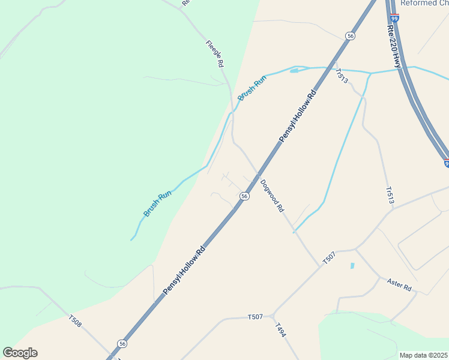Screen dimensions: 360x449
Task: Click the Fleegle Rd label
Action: click(x=215, y=53)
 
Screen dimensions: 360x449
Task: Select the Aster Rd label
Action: click(x=399, y=285)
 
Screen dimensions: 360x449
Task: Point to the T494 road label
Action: click(x=281, y=331)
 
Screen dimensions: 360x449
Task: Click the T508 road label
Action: click(x=76, y=322)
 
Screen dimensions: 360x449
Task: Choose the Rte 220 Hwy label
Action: click(x=394, y=46)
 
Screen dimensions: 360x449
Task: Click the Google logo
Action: click(x=20, y=353)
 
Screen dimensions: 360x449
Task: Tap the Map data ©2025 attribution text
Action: click(x=423, y=355)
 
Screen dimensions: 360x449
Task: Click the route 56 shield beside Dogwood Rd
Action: click(x=245, y=196)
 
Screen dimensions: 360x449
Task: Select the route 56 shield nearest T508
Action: click(x=122, y=344)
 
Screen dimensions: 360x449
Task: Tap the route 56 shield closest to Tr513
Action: click(x=350, y=37)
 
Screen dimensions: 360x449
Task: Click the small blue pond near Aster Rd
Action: click(x=352, y=265)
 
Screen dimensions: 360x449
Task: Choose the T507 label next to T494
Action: click(x=256, y=316)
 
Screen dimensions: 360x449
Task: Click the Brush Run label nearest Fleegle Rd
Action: click(x=252, y=88)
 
